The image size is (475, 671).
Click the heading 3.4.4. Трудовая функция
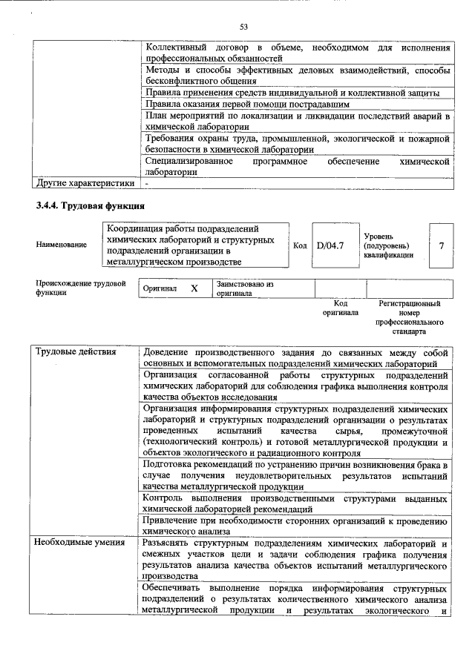[88, 205]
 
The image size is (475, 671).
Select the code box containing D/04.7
[330, 245]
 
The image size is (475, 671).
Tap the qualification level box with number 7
[442, 245]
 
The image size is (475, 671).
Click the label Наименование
[60, 245]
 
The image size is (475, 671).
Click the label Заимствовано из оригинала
[245, 288]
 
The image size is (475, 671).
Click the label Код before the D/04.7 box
[300, 245]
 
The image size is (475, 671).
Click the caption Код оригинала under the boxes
[340, 308]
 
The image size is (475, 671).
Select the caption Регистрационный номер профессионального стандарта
[409, 317]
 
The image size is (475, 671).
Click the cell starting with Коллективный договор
[297, 52]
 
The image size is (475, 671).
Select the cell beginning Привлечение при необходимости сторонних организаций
[297, 526]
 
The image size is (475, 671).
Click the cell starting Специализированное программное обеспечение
[297, 165]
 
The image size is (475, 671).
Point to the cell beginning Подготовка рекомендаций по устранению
[297, 475]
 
